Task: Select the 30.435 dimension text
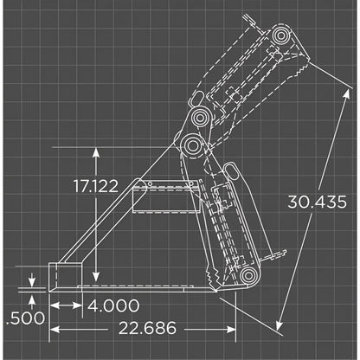(x=317, y=201)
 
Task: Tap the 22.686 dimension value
(x=142, y=328)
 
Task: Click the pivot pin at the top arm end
(x=281, y=36)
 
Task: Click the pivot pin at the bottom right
(x=248, y=276)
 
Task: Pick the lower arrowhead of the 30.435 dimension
(x=280, y=330)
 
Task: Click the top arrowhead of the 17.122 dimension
(x=97, y=149)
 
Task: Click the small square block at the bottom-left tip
(x=66, y=273)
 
